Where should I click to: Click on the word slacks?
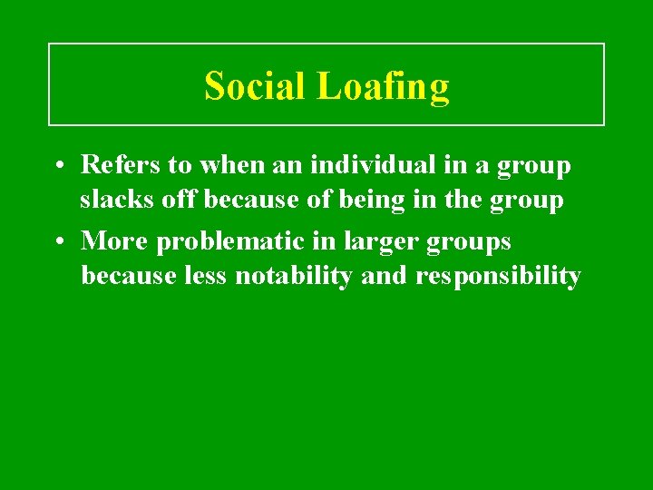112,199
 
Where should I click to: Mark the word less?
204,276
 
